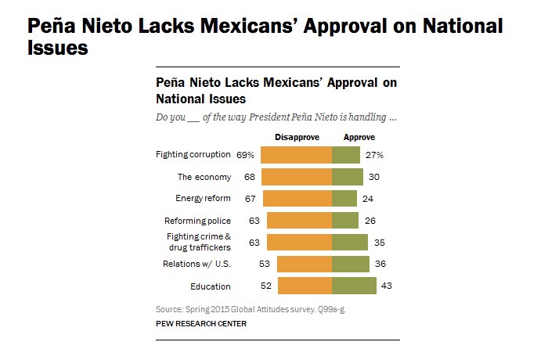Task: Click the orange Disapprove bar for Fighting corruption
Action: [296, 155]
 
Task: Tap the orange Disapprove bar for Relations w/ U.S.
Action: [305, 264]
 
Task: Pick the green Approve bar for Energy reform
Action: [344, 199]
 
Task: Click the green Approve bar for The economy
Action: [348, 177]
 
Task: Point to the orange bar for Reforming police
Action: [300, 221]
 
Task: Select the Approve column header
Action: [350, 137]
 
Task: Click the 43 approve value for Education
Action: [386, 286]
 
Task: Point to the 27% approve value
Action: [373, 155]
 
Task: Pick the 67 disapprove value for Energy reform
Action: [251, 199]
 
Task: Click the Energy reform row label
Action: [203, 199]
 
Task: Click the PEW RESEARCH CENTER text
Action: [202, 323]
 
